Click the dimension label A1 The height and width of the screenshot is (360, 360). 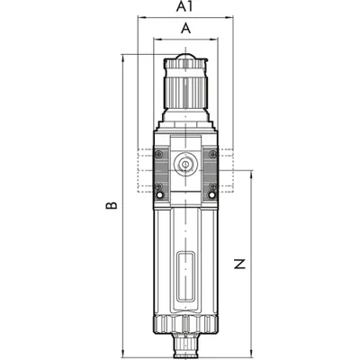click(184, 6)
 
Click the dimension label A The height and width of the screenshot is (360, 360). click(186, 29)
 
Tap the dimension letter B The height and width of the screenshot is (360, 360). click(112, 205)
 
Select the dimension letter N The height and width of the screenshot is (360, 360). click(239, 264)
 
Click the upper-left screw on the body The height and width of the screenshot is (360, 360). click(159, 154)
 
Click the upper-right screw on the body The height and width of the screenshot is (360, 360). click(212, 154)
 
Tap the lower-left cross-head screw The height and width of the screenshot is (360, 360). click(159, 186)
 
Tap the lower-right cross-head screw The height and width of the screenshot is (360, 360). click(212, 186)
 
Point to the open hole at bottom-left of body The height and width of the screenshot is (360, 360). click(160, 195)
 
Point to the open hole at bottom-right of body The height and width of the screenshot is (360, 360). click(212, 195)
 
